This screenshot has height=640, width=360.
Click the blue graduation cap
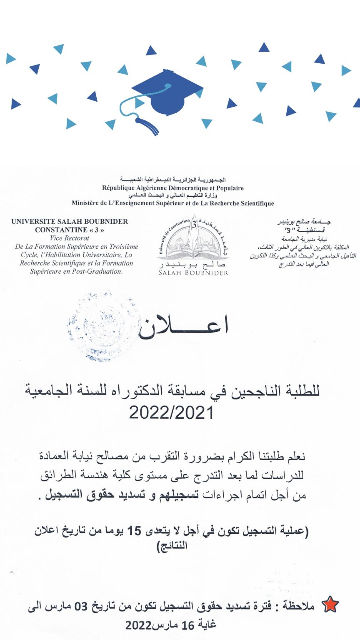[167, 94]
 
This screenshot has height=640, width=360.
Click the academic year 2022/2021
[171, 413]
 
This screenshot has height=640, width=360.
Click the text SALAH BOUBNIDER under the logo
[193, 273]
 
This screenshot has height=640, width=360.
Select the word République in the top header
[119, 188]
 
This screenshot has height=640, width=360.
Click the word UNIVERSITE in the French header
[30, 222]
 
